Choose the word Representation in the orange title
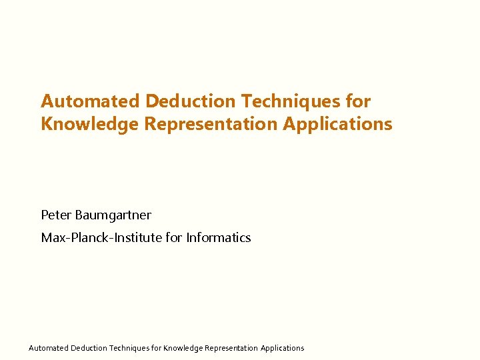(210, 124)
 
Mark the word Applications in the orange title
(338, 124)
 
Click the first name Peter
(56, 215)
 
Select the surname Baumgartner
(113, 215)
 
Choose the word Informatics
(219, 238)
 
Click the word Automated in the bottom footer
(48, 348)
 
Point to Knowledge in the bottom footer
(183, 348)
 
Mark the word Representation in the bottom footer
(231, 348)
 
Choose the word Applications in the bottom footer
(282, 348)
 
